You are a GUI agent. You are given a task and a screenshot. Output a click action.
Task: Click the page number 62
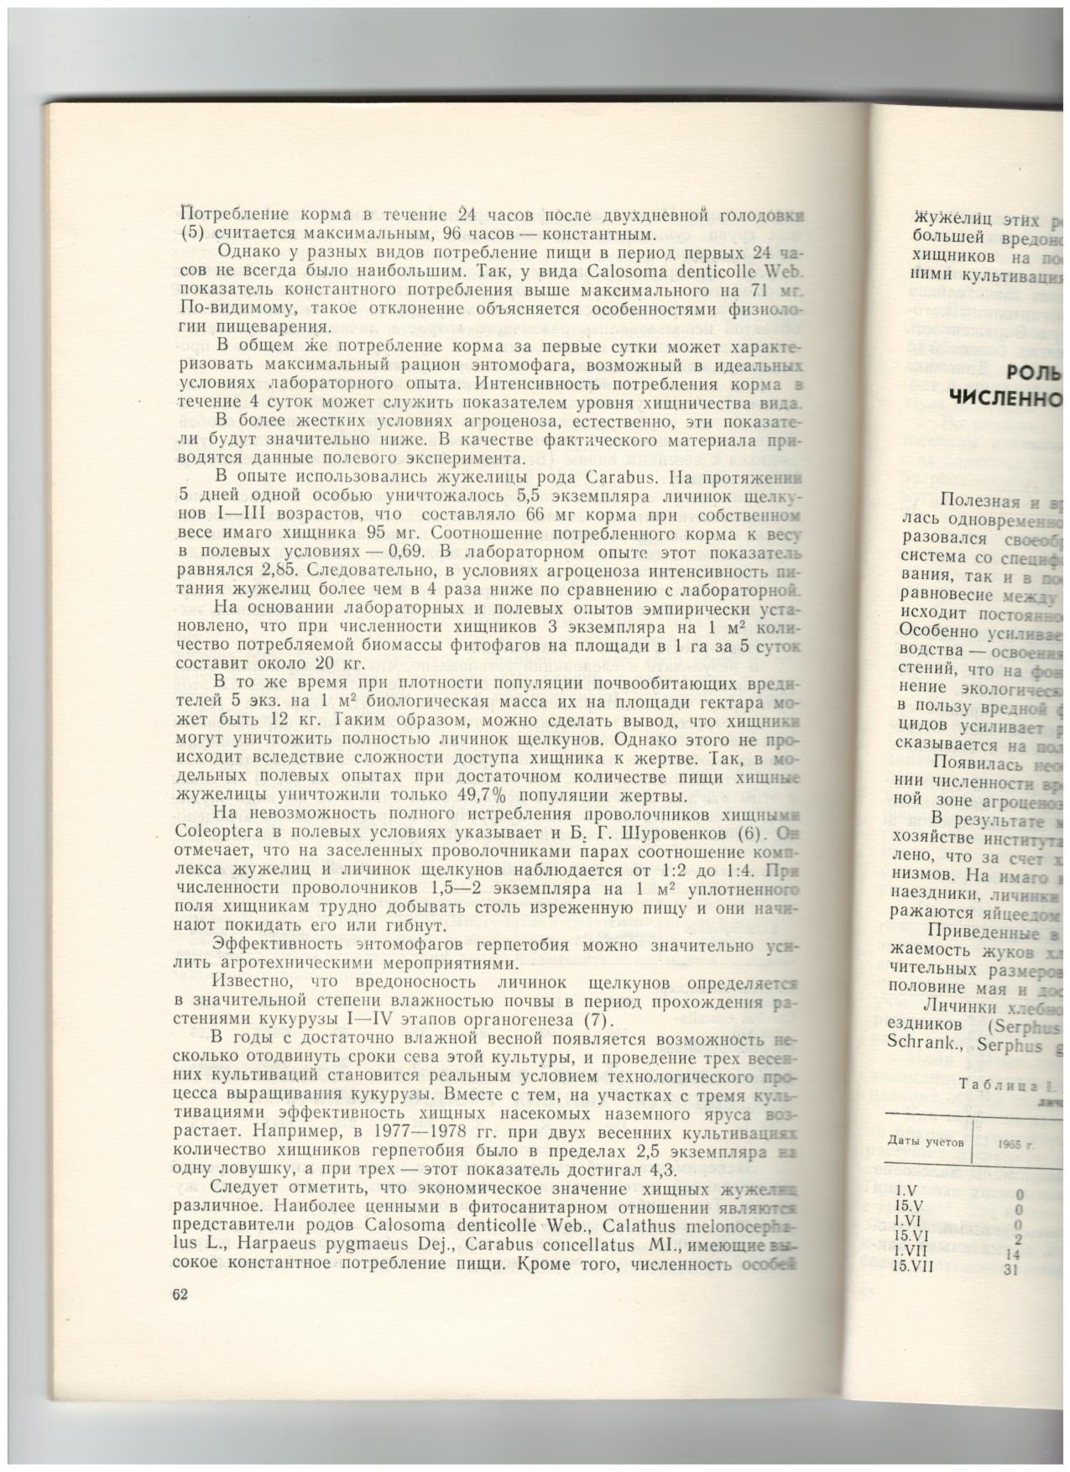179,1293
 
